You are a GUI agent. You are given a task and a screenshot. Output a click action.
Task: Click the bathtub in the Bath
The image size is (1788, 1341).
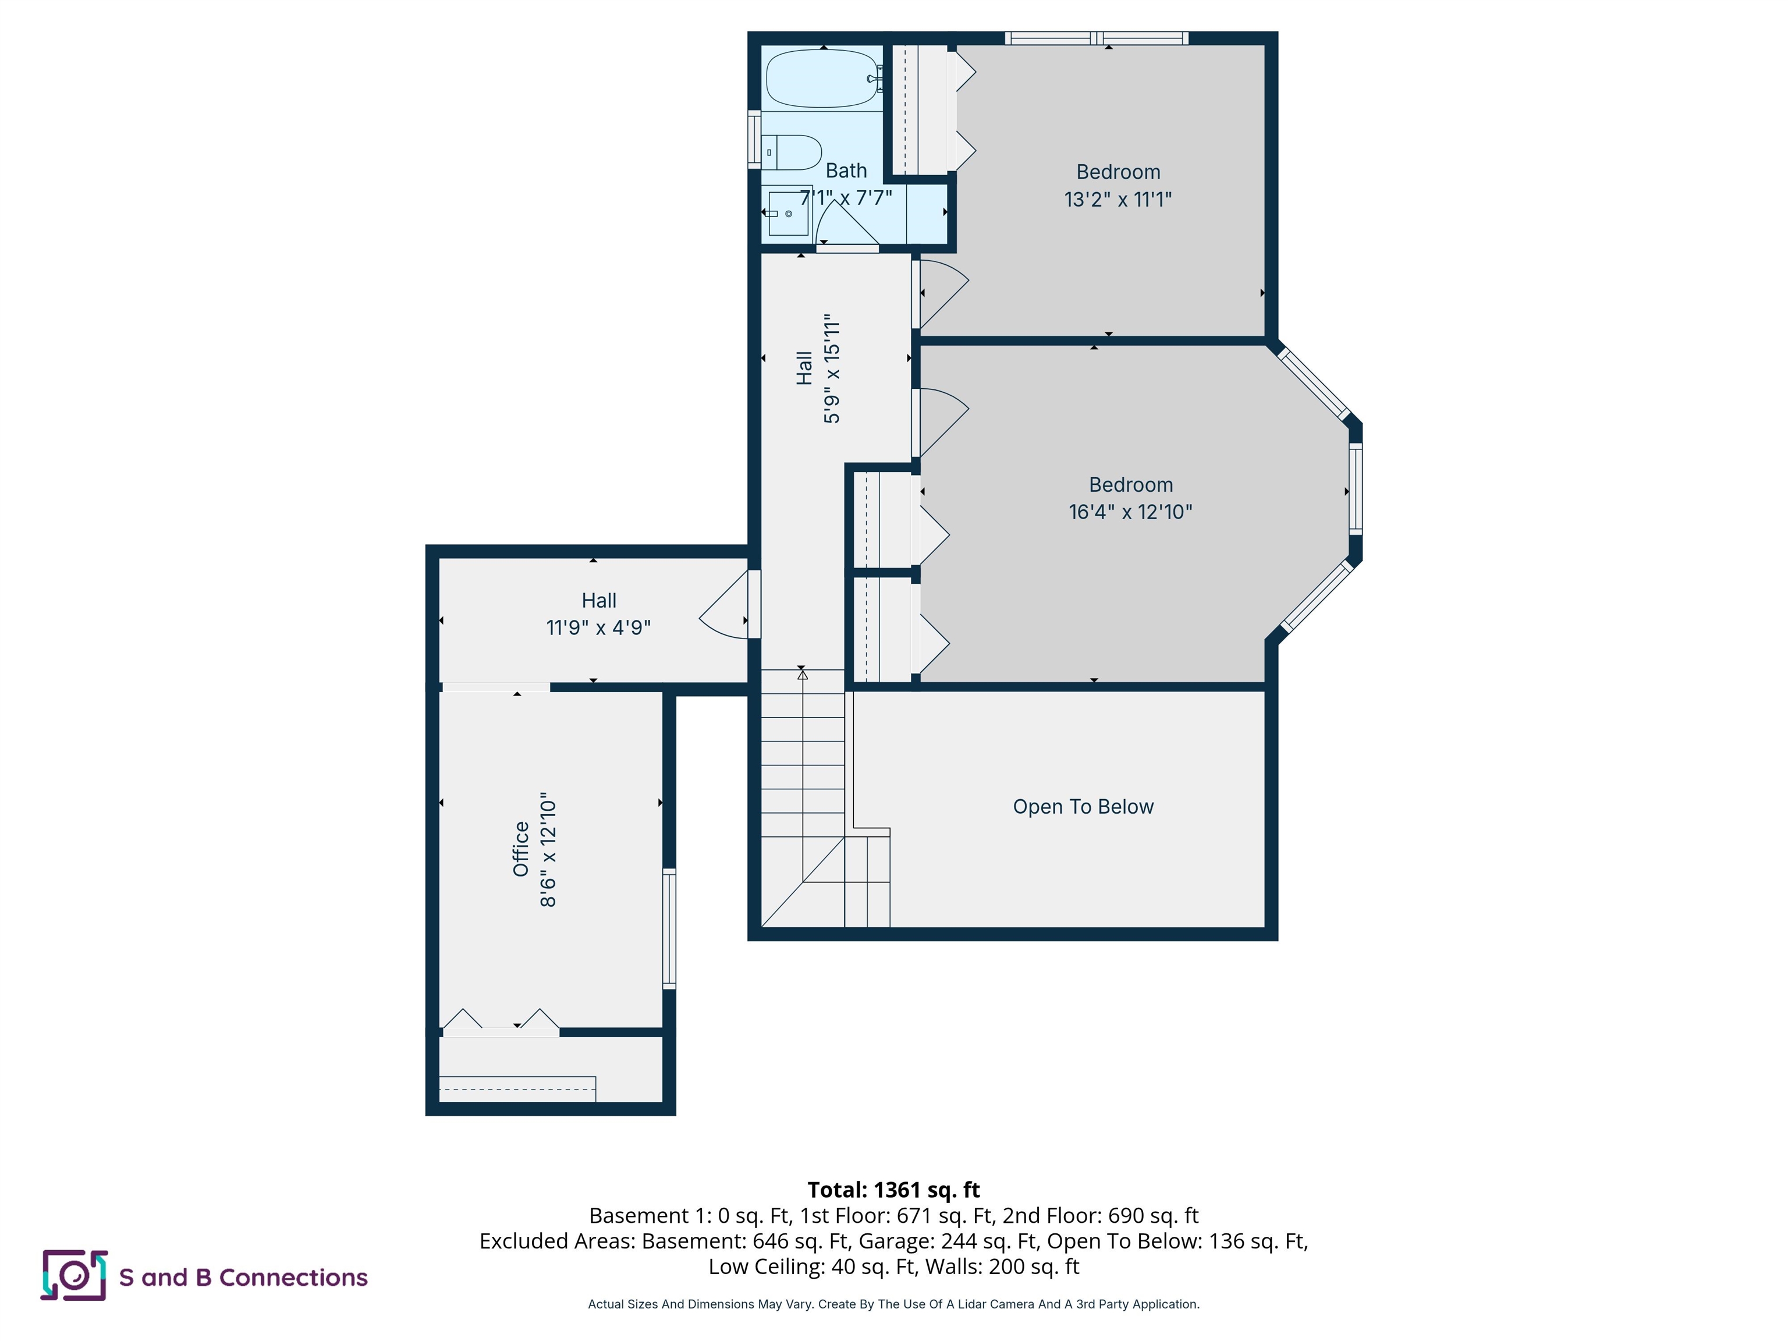coord(821,79)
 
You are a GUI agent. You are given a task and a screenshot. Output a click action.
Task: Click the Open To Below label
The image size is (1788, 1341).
coord(1083,807)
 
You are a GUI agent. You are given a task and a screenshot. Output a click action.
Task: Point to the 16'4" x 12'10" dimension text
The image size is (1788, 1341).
coord(1130,512)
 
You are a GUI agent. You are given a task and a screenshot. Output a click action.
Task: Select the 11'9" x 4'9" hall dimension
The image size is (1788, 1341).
coord(598,627)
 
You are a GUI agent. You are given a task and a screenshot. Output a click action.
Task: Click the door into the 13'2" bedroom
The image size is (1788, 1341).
coord(942,291)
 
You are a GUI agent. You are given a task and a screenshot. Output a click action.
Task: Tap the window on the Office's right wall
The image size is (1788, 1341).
coord(669,928)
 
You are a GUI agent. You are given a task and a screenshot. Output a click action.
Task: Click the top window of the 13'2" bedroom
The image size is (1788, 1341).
coord(1096,38)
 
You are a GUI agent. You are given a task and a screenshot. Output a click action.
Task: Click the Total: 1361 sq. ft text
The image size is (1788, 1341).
coord(893,1190)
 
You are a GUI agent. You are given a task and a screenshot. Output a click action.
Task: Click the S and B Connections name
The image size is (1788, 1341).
coord(243,1277)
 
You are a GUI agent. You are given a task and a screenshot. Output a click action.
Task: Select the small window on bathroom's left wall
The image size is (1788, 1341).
coord(755,140)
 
